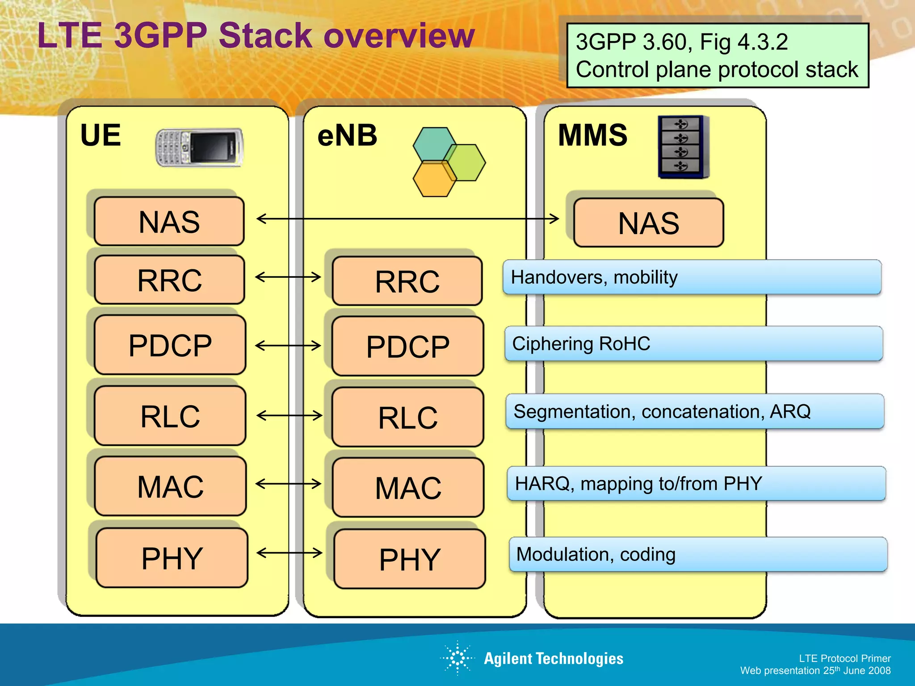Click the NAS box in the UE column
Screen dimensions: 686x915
tap(169, 222)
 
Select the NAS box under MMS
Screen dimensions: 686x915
tap(648, 223)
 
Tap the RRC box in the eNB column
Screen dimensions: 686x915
tap(407, 281)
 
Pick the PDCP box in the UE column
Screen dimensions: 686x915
tap(170, 345)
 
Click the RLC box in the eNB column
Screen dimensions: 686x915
tap(407, 418)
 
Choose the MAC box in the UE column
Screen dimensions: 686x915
tap(170, 486)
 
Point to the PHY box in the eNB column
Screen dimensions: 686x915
tap(409, 559)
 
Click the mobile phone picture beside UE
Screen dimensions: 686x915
tap(199, 147)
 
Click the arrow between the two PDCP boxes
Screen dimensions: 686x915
tap(288, 345)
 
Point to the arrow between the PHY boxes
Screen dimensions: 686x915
tap(290, 553)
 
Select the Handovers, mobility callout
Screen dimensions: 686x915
tap(692, 277)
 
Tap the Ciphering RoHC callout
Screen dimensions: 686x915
tap(693, 344)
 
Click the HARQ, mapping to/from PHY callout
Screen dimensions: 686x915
tap(696, 484)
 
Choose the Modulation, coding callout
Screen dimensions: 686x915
tap(698, 554)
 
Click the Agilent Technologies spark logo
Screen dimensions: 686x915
tap(457, 658)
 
